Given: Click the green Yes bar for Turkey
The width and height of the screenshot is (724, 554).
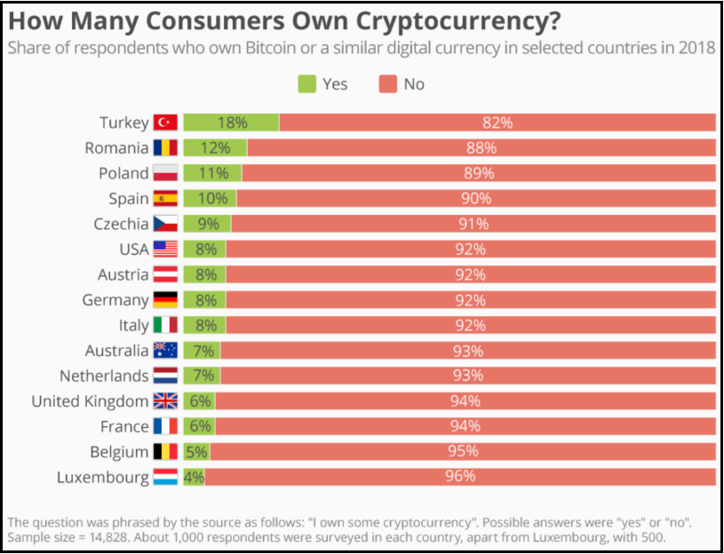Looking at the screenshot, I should click(231, 123).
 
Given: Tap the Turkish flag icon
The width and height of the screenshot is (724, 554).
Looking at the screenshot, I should click(166, 123).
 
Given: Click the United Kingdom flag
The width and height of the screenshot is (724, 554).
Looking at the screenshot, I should click(166, 401).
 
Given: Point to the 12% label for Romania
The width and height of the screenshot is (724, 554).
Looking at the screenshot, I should click(215, 148).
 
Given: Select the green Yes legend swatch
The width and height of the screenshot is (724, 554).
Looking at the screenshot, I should click(306, 84).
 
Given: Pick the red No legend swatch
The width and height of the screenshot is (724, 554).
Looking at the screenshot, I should click(388, 84).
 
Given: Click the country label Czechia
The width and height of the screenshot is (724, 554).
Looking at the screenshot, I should click(121, 224).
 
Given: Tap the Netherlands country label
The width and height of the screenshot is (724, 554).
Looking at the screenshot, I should click(104, 376).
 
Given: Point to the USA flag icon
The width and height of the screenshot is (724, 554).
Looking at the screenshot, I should click(166, 249).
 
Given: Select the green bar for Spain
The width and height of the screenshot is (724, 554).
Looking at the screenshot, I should click(210, 199).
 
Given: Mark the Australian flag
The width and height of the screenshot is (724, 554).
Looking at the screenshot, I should click(166, 351).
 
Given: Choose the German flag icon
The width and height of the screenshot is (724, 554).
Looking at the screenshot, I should click(166, 300).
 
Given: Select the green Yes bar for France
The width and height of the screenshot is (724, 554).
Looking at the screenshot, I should click(199, 426).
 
